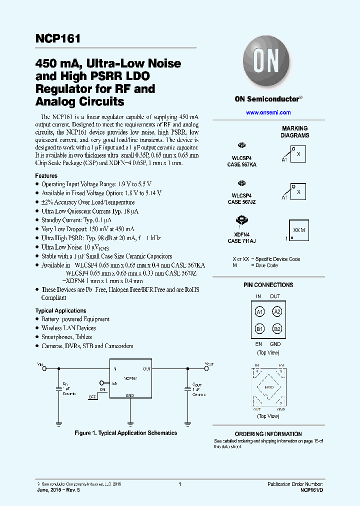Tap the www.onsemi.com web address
268,112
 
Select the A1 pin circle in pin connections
259,312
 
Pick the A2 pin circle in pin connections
276,312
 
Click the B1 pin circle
259,328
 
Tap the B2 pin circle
276,328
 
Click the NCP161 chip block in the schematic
130,378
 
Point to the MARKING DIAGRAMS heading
294,132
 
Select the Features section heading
46,176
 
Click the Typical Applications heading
60,310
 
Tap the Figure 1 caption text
125,433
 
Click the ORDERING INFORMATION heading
268,434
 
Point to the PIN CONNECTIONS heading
268,285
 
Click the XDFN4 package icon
242,220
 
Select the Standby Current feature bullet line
76,220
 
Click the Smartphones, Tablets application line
66,337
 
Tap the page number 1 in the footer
179,484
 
